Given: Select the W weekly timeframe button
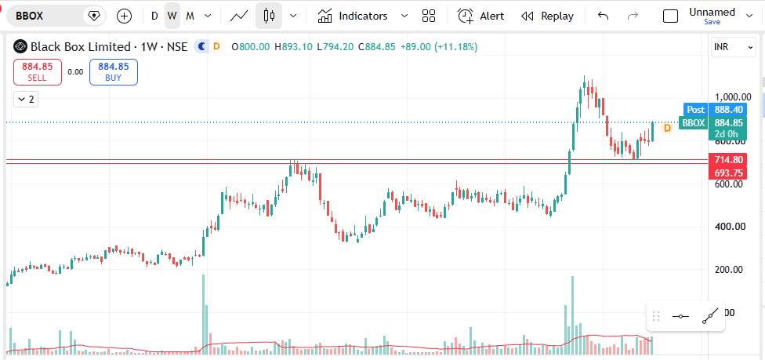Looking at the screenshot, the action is tap(172, 16).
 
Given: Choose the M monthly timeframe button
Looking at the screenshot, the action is tap(190, 16).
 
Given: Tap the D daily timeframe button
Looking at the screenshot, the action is tap(154, 16).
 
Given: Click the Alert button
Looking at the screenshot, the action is tap(480, 16).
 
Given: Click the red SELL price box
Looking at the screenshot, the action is tap(38, 72).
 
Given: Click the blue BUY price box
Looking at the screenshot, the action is tap(113, 72).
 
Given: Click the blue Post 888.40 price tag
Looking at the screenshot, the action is tap(716, 110).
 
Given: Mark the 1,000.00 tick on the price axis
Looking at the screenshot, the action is tap(730, 96).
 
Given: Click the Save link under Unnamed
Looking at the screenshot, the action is tap(712, 22).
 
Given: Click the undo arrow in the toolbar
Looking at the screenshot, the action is tap(603, 16).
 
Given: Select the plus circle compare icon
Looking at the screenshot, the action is tap(125, 16).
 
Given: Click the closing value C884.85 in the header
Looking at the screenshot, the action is tap(377, 47).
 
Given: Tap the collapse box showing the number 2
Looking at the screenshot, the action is tap(26, 100).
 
